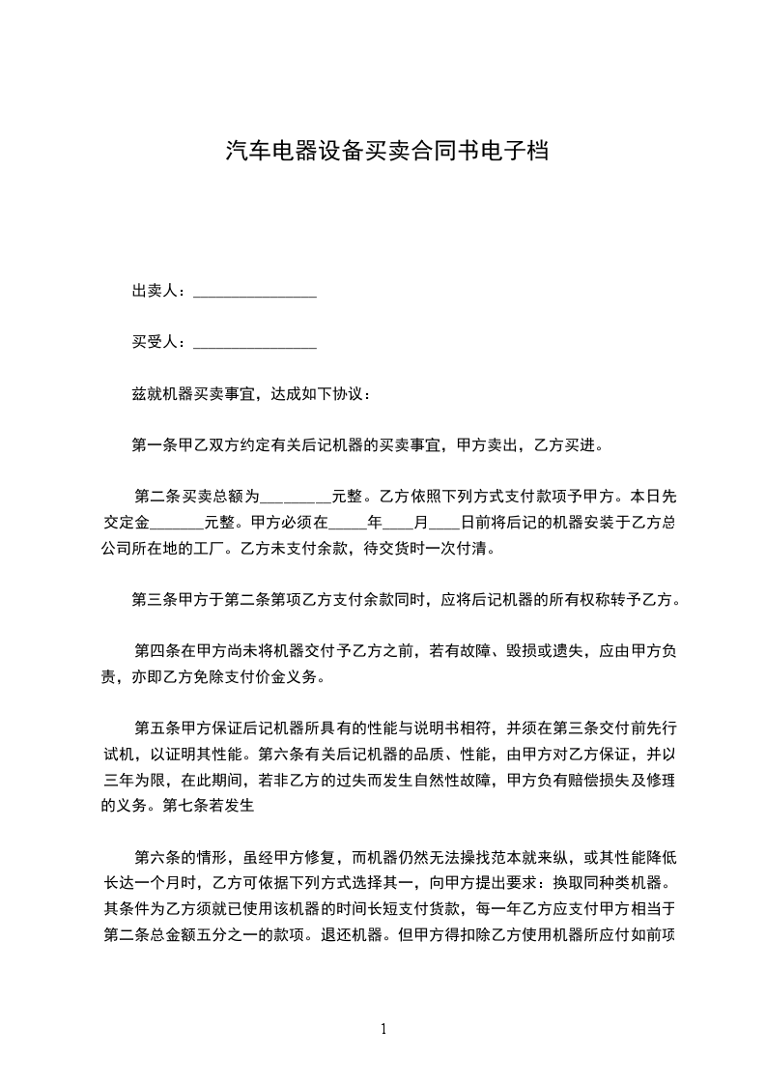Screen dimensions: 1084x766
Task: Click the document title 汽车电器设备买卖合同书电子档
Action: pyautogui.click(x=386, y=152)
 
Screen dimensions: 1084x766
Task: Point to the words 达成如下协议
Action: pyautogui.click(x=315, y=394)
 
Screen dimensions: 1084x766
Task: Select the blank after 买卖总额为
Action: pyautogui.click(x=296, y=499)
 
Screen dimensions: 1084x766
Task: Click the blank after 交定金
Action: pyautogui.click(x=178, y=526)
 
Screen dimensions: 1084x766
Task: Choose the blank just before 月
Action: pyautogui.click(x=397, y=526)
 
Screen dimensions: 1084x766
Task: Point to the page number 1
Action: pyautogui.click(x=383, y=1028)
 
